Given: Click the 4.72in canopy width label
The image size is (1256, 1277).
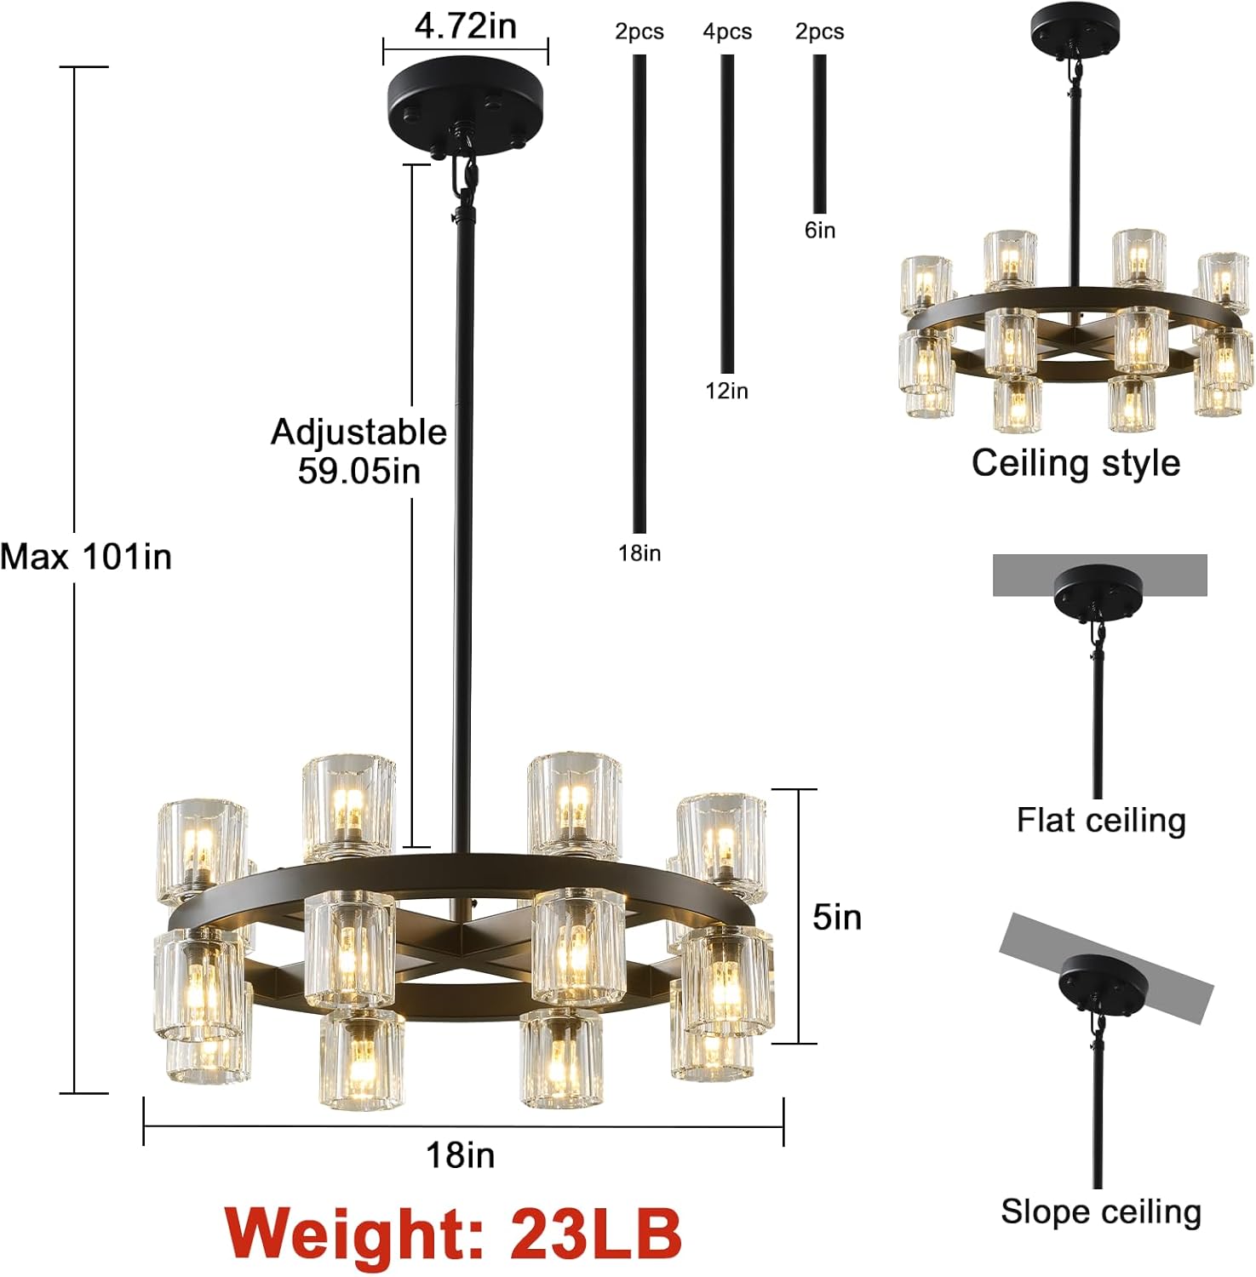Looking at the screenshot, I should (x=465, y=26).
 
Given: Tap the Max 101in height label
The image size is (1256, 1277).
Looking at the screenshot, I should (x=86, y=557).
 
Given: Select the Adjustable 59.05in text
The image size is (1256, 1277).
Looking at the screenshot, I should (x=358, y=451).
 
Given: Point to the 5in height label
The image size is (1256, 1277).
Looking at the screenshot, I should (x=836, y=917).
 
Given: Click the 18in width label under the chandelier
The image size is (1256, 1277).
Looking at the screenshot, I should (x=460, y=1155).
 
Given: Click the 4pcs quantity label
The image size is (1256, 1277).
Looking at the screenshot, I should (x=727, y=31).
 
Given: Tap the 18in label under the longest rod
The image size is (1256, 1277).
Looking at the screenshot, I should (x=639, y=553).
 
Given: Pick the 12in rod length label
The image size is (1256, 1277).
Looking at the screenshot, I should (x=727, y=391).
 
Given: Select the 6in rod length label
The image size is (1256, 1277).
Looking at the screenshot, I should (x=820, y=230).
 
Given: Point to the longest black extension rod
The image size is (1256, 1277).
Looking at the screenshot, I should (x=639, y=294).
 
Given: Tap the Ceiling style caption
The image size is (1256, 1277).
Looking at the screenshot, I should (x=1075, y=463).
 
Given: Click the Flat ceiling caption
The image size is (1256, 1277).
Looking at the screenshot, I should (x=1101, y=820).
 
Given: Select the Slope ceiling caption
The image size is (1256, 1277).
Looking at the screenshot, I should (x=1100, y=1211).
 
